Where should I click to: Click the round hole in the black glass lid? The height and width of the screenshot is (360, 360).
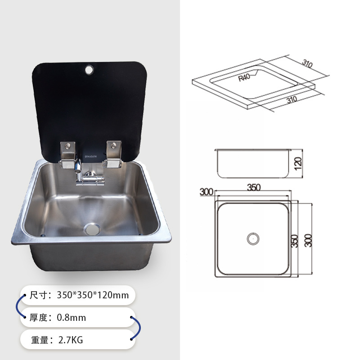pos(89,70)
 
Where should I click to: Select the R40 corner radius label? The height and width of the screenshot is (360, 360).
pos(244,77)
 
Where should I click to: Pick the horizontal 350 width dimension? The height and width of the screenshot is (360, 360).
pos(254,189)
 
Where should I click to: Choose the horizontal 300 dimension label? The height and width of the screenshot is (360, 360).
pos(206,192)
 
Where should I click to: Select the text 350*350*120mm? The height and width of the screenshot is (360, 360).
pos(93,296)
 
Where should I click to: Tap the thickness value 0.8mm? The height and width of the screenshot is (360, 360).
pos(71,318)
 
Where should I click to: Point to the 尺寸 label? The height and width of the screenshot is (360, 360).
pos(39,296)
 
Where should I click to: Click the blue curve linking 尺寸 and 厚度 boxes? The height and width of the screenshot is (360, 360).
pos(18,307)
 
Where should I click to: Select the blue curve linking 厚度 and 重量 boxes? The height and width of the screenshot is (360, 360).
pos(135,328)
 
